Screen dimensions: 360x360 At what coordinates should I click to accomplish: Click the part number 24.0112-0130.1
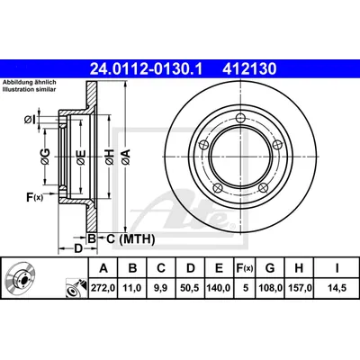coord(147,69)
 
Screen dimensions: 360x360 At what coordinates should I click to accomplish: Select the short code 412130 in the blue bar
coord(249,69)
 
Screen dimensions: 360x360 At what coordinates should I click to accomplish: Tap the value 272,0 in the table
coord(103,288)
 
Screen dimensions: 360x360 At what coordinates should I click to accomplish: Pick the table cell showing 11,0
coord(132,288)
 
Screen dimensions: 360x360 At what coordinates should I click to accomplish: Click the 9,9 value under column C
coord(161,288)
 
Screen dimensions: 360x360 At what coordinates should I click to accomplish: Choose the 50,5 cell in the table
coord(191,288)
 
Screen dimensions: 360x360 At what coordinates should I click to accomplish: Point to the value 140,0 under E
coord(219,288)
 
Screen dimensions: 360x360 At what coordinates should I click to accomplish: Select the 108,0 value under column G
coord(270,288)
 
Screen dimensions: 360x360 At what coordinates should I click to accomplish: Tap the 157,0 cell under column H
coord(299,288)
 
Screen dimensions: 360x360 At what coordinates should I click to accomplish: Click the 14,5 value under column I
coord(337,288)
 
